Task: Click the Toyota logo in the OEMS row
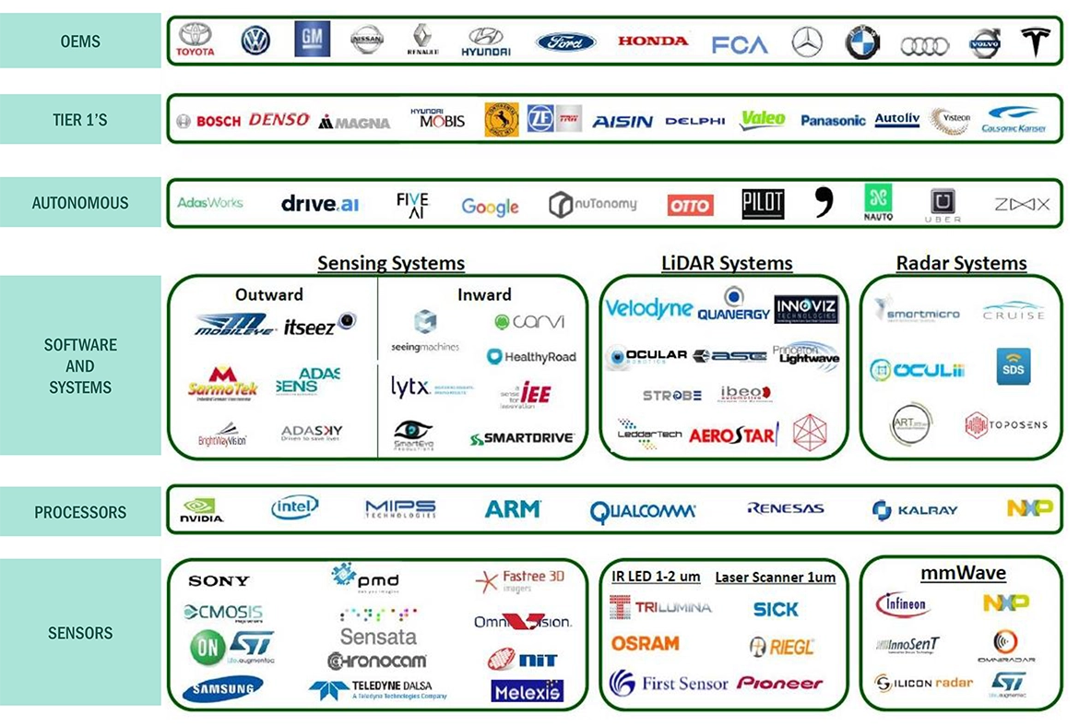(196, 40)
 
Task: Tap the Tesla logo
(1036, 41)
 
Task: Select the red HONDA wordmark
(653, 41)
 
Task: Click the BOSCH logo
(209, 121)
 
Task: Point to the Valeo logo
(763, 119)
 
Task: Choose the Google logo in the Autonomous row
(490, 207)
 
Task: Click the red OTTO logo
(690, 205)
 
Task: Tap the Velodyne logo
(648, 308)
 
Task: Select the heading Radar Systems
(961, 263)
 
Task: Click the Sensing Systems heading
(391, 263)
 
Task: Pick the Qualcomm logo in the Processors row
(643, 510)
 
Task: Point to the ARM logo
(513, 508)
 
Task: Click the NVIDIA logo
(202, 510)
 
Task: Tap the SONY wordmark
(219, 580)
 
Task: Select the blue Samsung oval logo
(222, 688)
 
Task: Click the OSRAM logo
(645, 643)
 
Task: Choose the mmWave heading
(963, 573)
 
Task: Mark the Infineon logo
(902, 604)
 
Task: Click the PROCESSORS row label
(80, 512)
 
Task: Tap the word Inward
(484, 294)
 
